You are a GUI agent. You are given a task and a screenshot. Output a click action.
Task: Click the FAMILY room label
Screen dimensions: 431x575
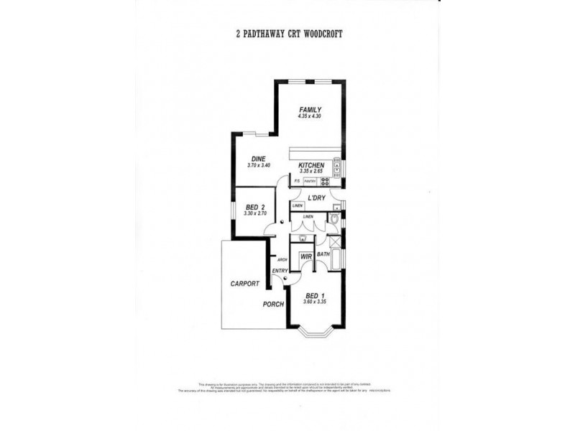[x=310, y=109]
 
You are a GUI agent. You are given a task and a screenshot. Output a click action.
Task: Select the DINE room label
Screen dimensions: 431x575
[x=259, y=159]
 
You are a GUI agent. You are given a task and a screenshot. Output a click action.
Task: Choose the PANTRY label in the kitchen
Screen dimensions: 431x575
[x=310, y=182]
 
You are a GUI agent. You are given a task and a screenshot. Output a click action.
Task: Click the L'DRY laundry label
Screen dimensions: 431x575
[x=316, y=198]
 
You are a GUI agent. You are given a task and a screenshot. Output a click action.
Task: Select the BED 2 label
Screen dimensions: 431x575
[x=255, y=207]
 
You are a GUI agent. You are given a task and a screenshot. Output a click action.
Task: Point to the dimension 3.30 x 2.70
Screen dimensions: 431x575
[x=255, y=214]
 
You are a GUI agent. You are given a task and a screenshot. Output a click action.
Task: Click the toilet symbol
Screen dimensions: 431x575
[x=335, y=217]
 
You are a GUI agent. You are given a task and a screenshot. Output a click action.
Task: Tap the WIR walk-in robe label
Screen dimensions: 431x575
[x=305, y=256]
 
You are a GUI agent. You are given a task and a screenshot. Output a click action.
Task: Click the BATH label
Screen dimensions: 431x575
[x=323, y=254]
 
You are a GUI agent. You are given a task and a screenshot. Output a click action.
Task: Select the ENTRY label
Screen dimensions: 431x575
[x=280, y=270]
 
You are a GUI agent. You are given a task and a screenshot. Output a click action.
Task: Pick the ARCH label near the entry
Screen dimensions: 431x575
[x=273, y=259]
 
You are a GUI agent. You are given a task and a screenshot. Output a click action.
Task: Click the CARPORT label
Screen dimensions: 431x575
[x=244, y=284]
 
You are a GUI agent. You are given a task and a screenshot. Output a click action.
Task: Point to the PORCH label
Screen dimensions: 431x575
[x=273, y=304]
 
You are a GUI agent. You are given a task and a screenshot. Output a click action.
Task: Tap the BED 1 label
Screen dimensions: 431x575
[x=315, y=295]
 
